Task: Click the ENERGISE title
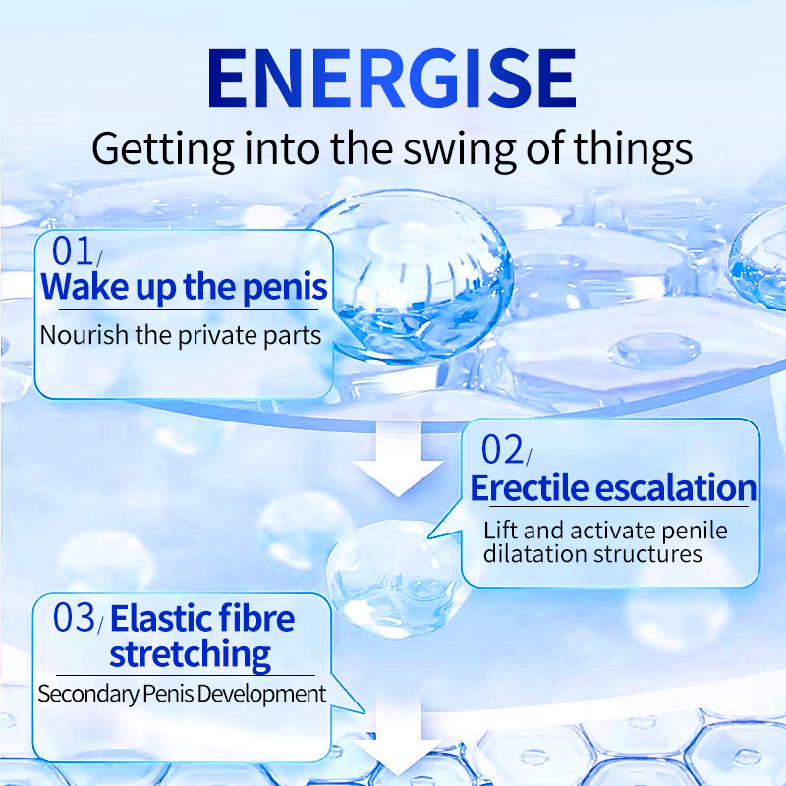[392, 79]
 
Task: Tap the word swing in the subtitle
[459, 150]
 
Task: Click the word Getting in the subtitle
[162, 149]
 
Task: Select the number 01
[72, 251]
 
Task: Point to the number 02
[502, 450]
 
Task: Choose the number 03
[74, 618]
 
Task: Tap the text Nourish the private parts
[181, 336]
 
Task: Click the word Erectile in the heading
[530, 487]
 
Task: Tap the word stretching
[190, 654]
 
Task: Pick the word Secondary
[87, 695]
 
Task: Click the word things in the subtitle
[633, 149]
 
